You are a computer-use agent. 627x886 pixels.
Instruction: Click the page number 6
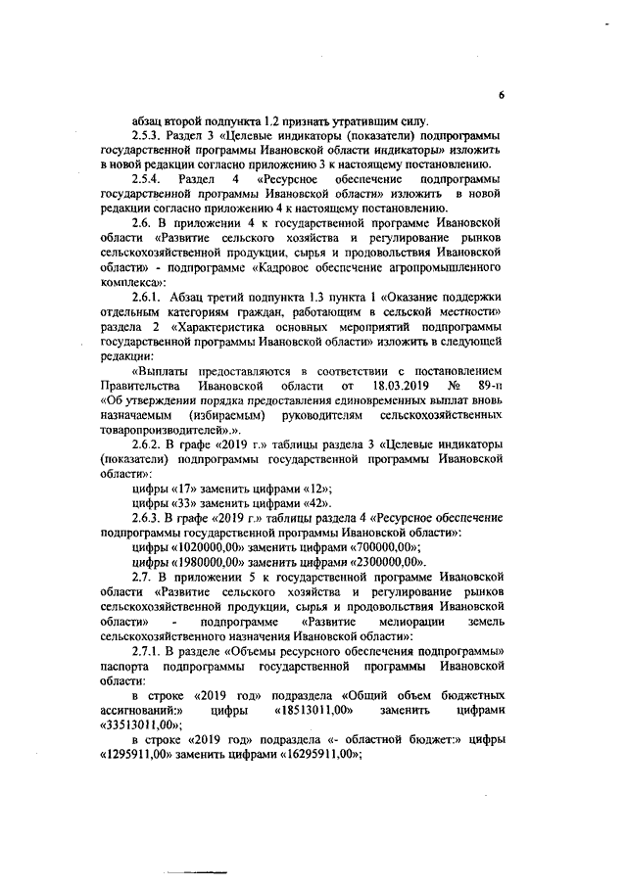pyautogui.click(x=500, y=95)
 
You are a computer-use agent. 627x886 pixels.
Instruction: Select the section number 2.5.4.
pyautogui.click(x=147, y=181)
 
